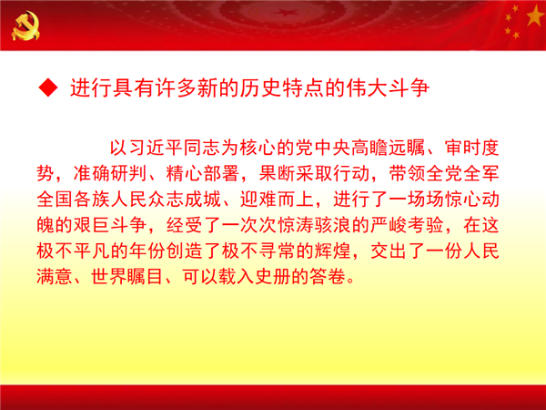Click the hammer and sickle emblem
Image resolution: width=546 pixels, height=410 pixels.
pyautogui.click(x=25, y=26)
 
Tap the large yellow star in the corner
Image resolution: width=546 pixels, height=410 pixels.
pyautogui.click(x=535, y=16)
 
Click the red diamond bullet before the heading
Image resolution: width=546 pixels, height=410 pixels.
pyautogui.click(x=48, y=87)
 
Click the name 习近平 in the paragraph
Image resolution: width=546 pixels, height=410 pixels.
pyautogui.click(x=156, y=148)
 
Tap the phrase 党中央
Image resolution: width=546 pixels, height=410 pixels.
pyautogui.click(x=322, y=148)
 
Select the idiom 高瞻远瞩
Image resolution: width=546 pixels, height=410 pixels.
pyautogui.click(x=388, y=148)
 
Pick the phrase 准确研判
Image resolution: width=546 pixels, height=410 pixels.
pyautogui.click(x=110, y=173)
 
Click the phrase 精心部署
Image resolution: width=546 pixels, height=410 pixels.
pyautogui.click(x=202, y=173)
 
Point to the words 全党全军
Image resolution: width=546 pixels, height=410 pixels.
pyautogui.click(x=462, y=173)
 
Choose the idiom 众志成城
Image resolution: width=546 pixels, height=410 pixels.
pyautogui.click(x=184, y=199)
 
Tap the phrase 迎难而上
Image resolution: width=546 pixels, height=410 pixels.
pyautogui.click(x=277, y=199)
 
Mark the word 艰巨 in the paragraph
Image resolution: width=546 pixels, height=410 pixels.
pyautogui.click(x=92, y=225)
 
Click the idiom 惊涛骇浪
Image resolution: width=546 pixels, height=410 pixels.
pyautogui.click(x=313, y=225)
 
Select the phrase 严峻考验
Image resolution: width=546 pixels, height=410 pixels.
pyautogui.click(x=406, y=225)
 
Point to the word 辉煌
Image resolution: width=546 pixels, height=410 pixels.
pyautogui.click(x=332, y=251)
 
